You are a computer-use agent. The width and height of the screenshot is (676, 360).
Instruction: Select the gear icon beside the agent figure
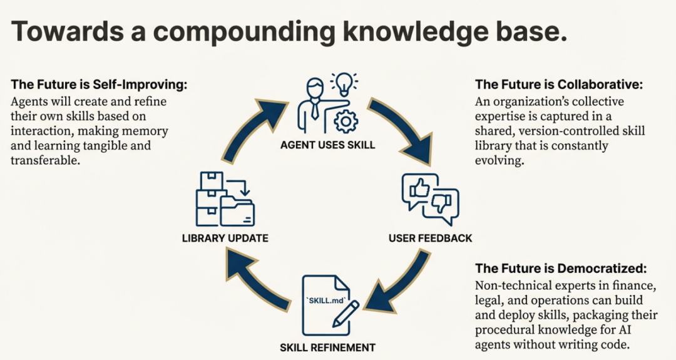click(x=344, y=121)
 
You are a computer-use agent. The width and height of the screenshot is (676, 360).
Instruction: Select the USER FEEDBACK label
click(x=430, y=239)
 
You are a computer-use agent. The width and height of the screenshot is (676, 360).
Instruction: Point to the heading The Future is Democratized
click(x=561, y=269)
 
